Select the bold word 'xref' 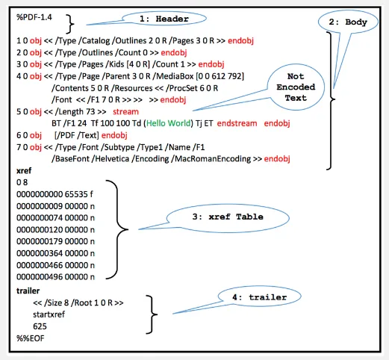(24, 170)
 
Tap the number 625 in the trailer (41, 326)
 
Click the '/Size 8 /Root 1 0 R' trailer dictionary (78, 302)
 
